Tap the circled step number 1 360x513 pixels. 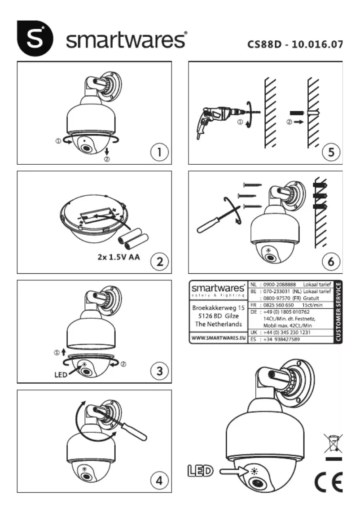point(159,152)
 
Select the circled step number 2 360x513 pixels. point(159,261)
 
